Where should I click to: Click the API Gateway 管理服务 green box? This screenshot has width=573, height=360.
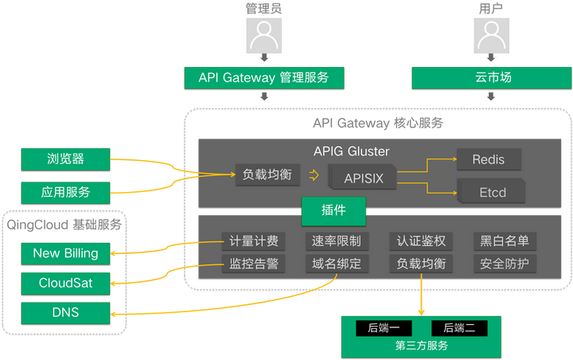pyautogui.click(x=263, y=77)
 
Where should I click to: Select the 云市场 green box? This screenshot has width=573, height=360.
pyautogui.click(x=488, y=77)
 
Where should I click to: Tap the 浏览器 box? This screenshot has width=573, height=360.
pyautogui.click(x=65, y=158)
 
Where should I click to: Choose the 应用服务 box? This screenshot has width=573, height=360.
pyautogui.click(x=65, y=192)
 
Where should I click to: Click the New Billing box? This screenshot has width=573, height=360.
pyautogui.click(x=65, y=253)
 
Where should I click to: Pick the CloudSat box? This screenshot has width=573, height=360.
pyautogui.click(x=65, y=283)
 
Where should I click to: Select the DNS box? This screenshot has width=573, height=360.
pyautogui.click(x=65, y=312)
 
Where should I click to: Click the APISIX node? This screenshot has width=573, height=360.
pyautogui.click(x=363, y=178)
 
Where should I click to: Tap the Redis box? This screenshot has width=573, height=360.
pyautogui.click(x=488, y=159)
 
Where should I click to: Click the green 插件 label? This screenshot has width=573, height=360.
pyautogui.click(x=333, y=210)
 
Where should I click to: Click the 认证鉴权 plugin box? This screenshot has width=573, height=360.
pyautogui.click(x=420, y=241)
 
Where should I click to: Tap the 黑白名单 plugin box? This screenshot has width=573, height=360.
pyautogui.click(x=505, y=241)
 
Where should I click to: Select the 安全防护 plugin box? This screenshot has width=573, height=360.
pyautogui.click(x=505, y=264)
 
